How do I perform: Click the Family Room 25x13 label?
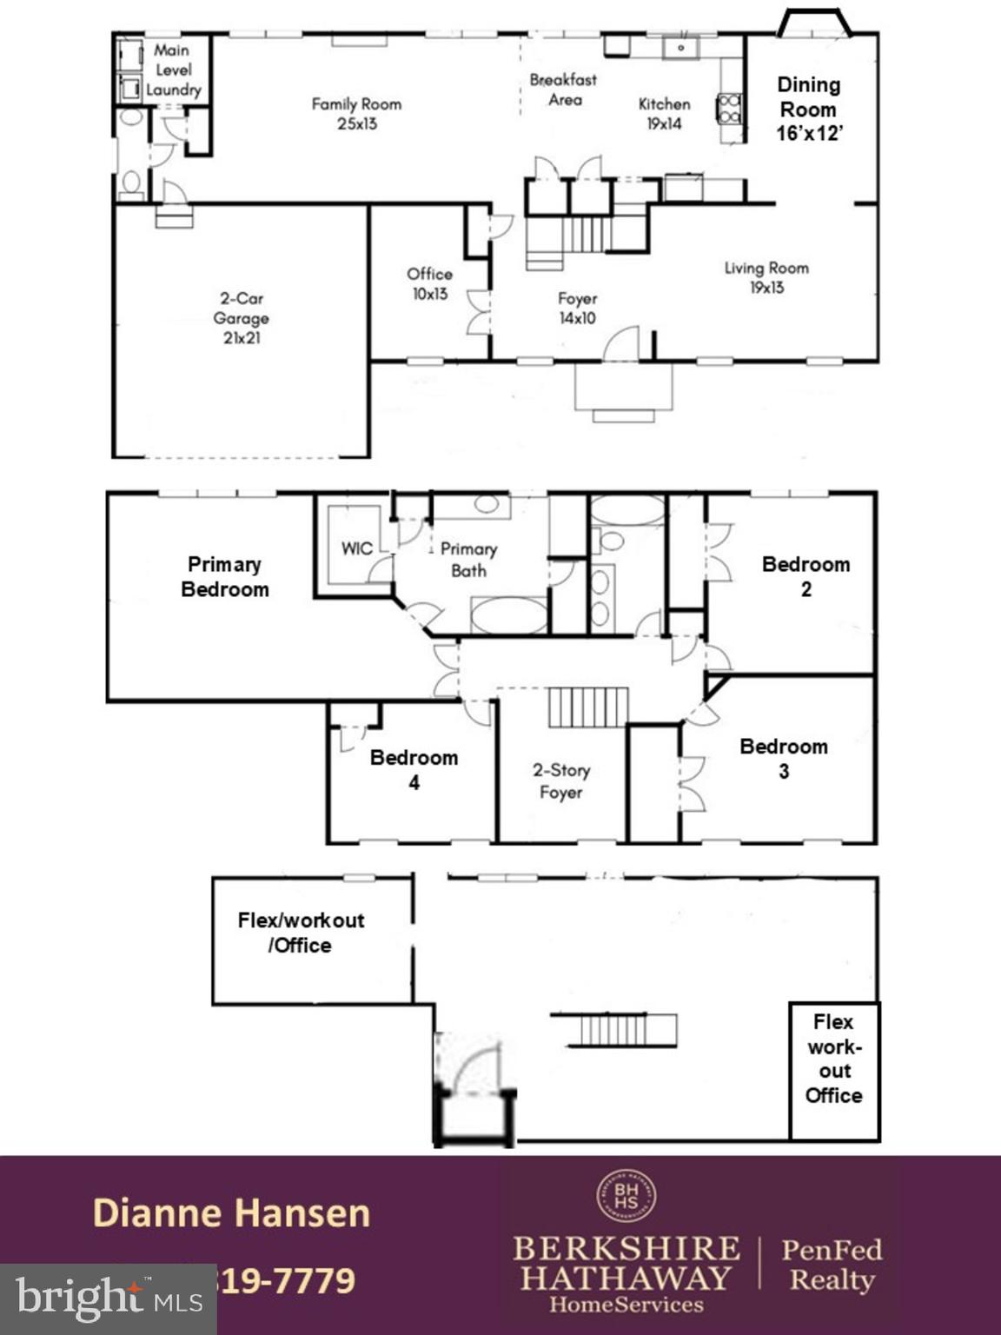point(356,114)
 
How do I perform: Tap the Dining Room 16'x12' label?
point(808,109)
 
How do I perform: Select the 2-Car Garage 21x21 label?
point(241,318)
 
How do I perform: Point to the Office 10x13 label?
point(429,284)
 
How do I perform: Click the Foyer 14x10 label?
point(577,309)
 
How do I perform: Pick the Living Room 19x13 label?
point(766,277)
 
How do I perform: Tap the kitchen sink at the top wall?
point(681,47)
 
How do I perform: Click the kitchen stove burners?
point(729,109)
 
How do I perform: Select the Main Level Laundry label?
point(173,70)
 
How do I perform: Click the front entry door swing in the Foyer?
point(623,344)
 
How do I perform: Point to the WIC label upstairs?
point(356,548)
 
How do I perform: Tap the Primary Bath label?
point(468,560)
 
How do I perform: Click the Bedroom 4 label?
point(414,769)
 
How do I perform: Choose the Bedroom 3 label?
point(783,758)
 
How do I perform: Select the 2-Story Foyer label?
point(560,780)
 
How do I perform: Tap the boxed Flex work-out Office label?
point(833,1058)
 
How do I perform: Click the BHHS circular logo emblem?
point(626,1196)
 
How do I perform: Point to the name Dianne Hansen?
point(231,1213)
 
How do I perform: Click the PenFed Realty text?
point(832,1265)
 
